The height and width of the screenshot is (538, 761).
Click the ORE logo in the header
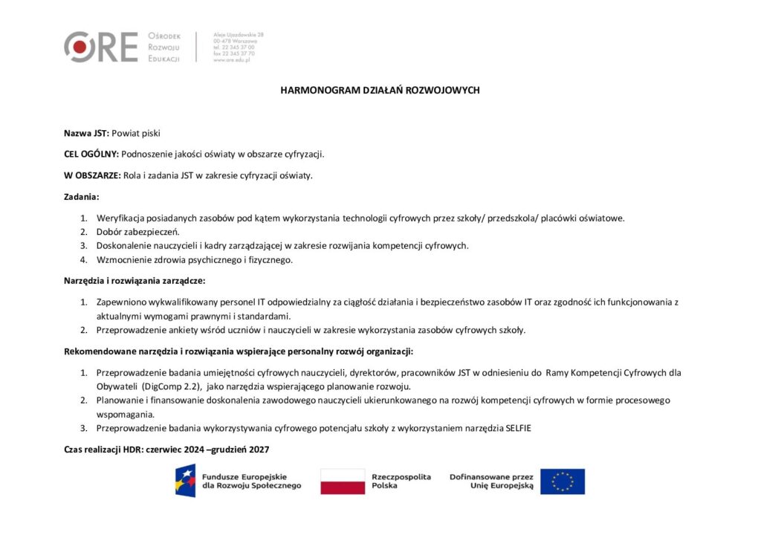click(x=100, y=47)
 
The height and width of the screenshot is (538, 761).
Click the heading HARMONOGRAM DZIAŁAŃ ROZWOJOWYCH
click(x=380, y=90)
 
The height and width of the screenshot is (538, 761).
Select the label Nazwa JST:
click(x=86, y=133)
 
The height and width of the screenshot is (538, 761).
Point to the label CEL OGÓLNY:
click(x=91, y=154)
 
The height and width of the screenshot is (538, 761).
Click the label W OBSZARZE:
click(x=92, y=175)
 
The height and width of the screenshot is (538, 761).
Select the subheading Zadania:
click(x=81, y=197)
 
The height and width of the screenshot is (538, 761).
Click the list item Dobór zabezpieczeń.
click(x=138, y=232)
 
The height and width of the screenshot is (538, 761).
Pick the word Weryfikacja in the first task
click(x=119, y=218)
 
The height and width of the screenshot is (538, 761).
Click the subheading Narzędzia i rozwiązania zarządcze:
click(x=134, y=281)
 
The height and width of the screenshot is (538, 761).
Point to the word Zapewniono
click(x=120, y=302)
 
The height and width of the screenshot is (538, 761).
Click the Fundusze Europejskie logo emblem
click(x=186, y=481)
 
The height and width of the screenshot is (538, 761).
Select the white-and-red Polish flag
click(x=343, y=482)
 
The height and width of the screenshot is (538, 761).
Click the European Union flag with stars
click(x=563, y=482)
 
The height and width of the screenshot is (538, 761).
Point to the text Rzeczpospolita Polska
click(x=401, y=481)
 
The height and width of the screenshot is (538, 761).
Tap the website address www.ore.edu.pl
click(x=231, y=59)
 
